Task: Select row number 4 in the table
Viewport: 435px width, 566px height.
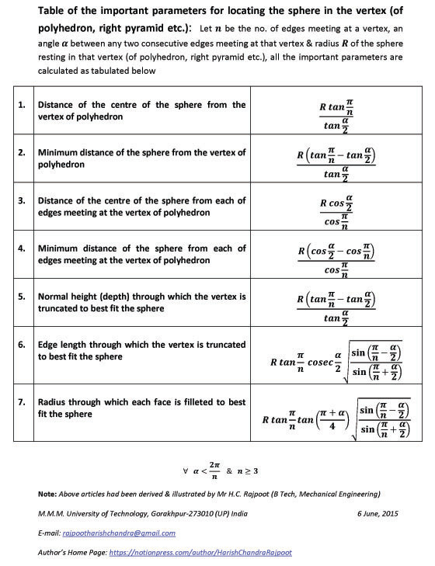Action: (23, 249)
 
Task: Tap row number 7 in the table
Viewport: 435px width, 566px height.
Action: (23, 403)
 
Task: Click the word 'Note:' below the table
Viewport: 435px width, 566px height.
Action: (47, 494)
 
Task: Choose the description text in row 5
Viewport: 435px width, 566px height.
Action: (141, 302)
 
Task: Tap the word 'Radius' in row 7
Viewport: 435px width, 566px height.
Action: (54, 403)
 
